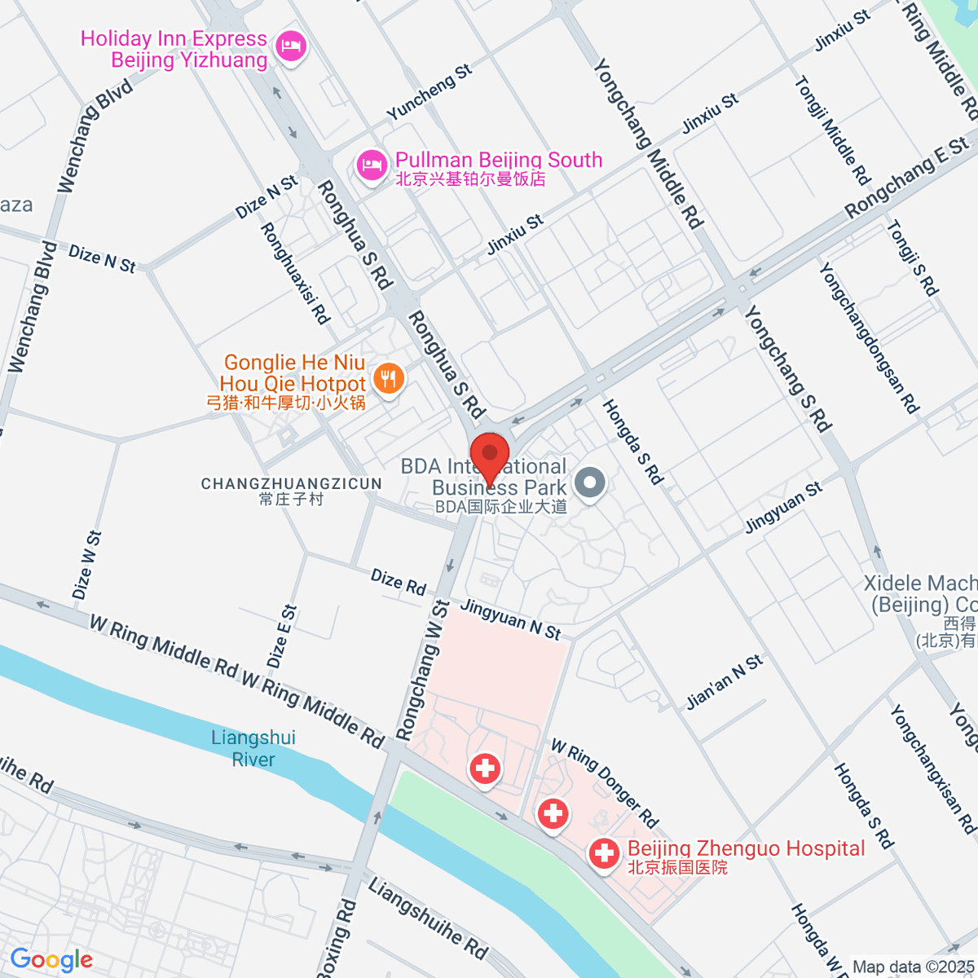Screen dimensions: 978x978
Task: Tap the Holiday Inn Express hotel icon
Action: click(x=291, y=46)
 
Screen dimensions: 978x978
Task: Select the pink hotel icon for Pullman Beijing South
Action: click(x=372, y=166)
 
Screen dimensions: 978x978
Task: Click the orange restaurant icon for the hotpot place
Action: click(x=390, y=379)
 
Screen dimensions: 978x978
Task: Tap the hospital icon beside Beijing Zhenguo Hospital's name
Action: click(x=604, y=854)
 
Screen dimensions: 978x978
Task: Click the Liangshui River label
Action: click(x=253, y=748)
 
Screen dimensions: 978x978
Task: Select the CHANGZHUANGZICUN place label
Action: click(x=292, y=491)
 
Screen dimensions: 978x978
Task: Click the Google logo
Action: click(x=51, y=960)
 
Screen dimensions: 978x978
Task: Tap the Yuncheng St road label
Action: click(x=430, y=92)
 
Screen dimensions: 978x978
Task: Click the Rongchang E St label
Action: click(x=906, y=178)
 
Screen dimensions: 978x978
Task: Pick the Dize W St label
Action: click(x=86, y=565)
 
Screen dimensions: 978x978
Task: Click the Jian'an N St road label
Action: click(x=725, y=682)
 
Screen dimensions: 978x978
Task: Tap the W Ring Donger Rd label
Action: click(x=604, y=782)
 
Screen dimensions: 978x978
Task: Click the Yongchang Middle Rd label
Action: click(x=648, y=143)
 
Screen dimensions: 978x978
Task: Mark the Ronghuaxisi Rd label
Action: click(x=295, y=273)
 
